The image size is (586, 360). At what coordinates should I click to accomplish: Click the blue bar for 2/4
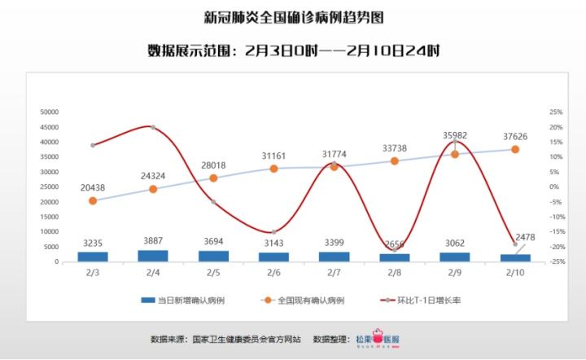click(153, 256)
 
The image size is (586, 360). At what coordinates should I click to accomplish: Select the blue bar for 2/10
click(515, 257)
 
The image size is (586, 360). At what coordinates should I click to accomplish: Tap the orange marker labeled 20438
click(93, 200)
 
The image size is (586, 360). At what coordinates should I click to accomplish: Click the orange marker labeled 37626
click(515, 149)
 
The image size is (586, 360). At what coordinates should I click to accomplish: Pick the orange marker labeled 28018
click(213, 178)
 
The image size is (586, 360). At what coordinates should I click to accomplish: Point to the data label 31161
click(274, 155)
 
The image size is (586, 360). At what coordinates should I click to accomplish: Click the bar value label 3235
click(93, 243)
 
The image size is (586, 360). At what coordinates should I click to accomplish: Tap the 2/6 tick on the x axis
click(274, 272)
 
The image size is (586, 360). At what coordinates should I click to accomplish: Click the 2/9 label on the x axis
click(455, 272)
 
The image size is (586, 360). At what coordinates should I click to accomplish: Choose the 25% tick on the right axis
click(534, 112)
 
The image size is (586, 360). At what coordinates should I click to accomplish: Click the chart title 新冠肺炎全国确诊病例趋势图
click(293, 17)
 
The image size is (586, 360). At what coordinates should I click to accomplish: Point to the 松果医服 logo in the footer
click(383, 339)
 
